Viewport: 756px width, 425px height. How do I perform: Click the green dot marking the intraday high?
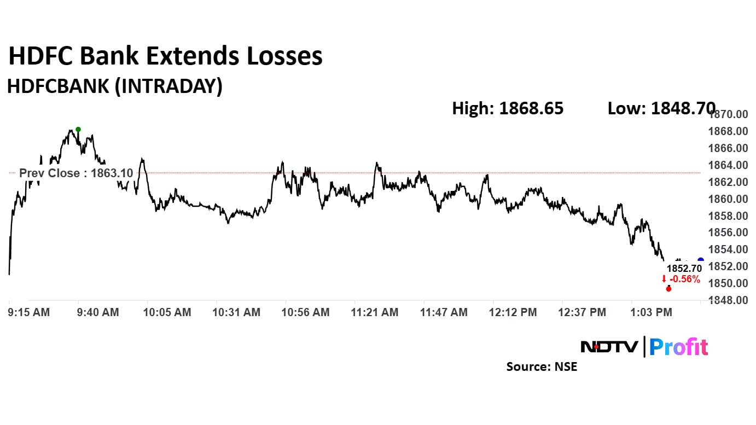(78, 130)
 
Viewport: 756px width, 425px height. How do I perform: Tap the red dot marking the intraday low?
(668, 288)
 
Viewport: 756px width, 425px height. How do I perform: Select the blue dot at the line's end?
(701, 260)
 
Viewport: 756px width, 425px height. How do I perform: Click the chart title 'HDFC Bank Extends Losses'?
(165, 56)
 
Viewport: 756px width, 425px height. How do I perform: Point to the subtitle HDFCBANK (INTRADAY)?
(114, 86)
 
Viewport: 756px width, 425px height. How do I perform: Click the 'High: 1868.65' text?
(507, 108)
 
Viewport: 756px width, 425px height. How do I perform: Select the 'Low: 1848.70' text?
(661, 108)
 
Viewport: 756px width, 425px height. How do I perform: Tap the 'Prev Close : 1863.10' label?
(75, 173)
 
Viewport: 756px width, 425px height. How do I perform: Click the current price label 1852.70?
(683, 269)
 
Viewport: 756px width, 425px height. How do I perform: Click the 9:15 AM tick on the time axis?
(30, 312)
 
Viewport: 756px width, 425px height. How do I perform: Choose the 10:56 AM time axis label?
(306, 312)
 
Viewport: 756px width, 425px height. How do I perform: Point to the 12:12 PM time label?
(513, 312)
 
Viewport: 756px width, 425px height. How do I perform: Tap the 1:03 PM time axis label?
(651, 312)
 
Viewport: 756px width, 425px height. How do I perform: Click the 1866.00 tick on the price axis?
(728, 148)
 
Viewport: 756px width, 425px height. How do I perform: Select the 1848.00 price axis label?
(728, 300)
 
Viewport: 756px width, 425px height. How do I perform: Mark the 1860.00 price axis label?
(728, 199)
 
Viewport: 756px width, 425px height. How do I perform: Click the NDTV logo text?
(609, 347)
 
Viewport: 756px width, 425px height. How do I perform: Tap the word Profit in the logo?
(678, 347)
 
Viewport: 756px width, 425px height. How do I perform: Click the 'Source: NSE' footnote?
(542, 366)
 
